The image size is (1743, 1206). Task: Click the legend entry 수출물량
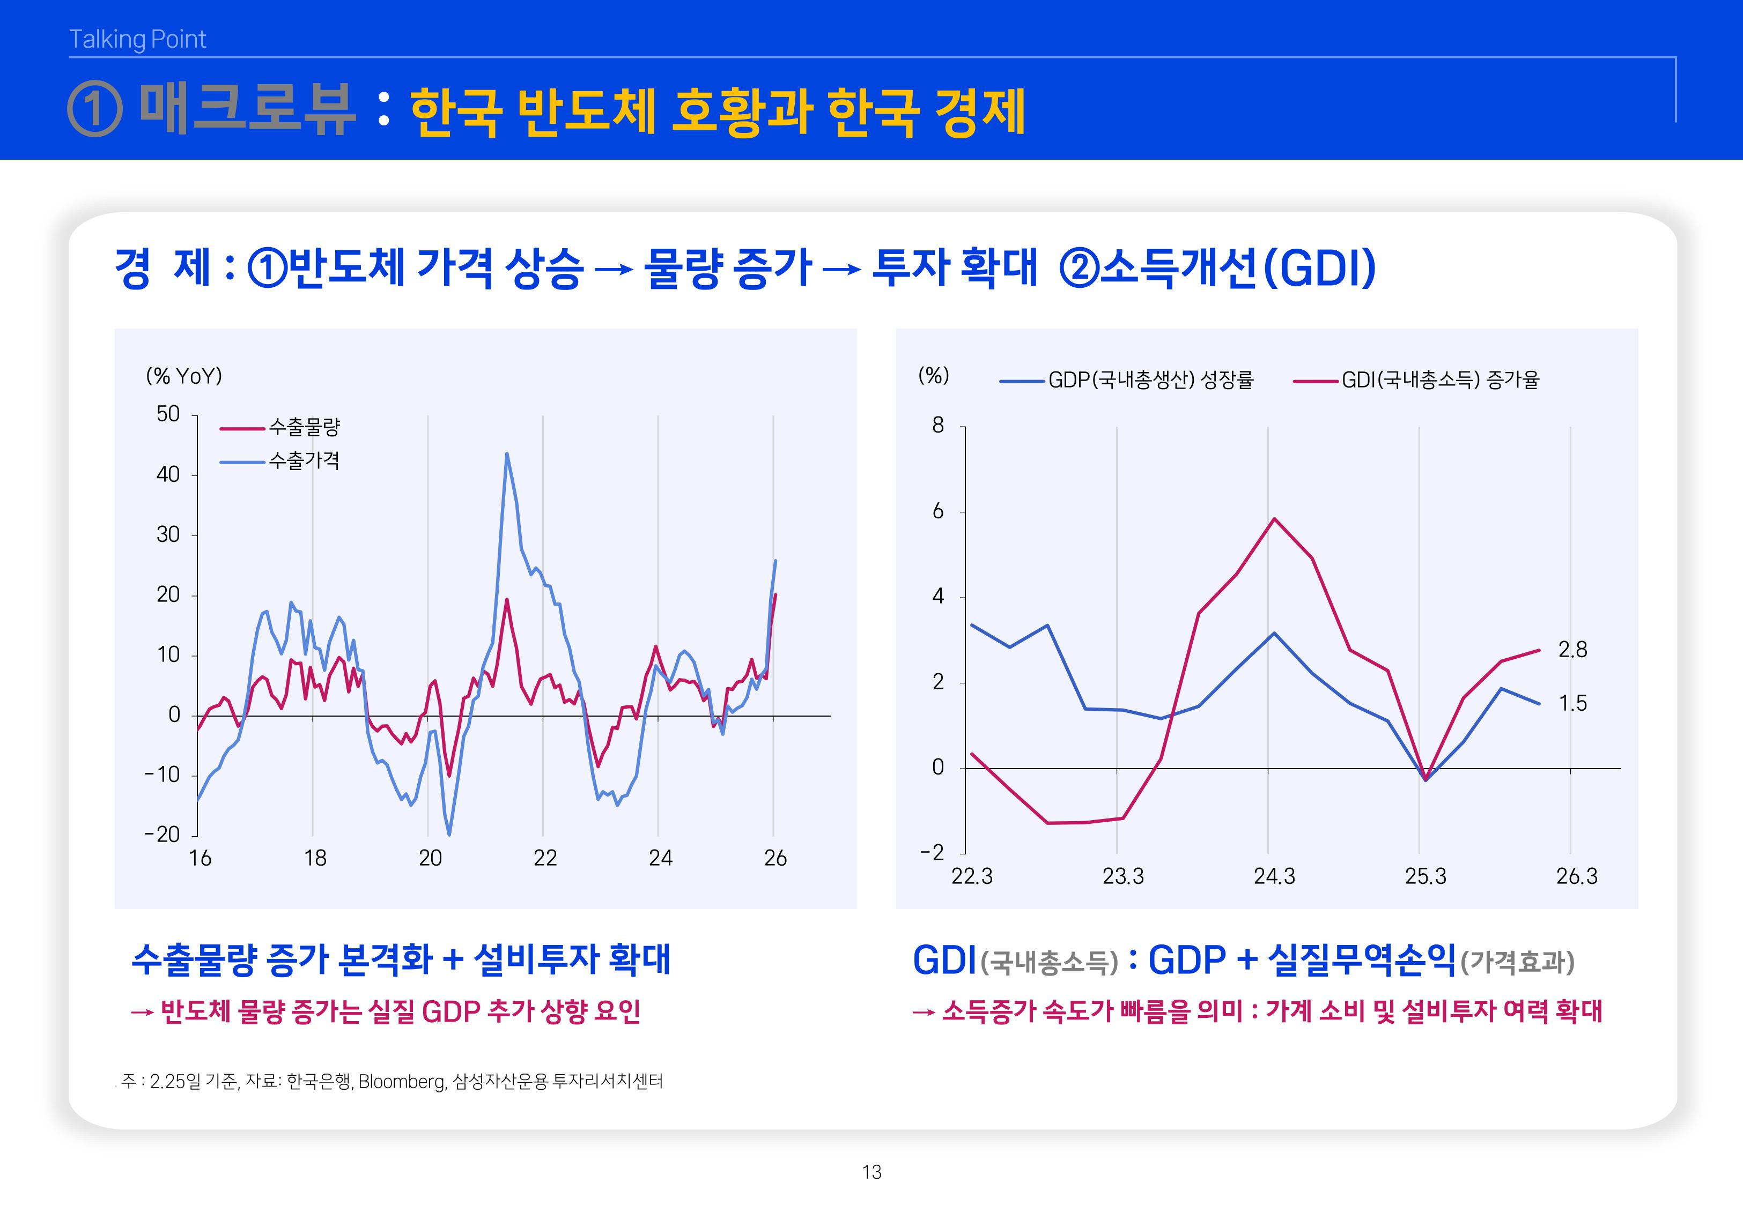[304, 428]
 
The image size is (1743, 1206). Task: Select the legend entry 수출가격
[304, 461]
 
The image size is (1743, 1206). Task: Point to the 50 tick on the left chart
[168, 414]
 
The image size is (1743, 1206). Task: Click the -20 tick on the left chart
[163, 834]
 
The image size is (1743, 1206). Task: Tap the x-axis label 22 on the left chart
[545, 859]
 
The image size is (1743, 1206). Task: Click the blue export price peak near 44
[506, 454]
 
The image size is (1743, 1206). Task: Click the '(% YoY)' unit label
[183, 376]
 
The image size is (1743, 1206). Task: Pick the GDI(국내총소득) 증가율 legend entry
[1440, 380]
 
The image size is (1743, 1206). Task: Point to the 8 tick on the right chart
[938, 426]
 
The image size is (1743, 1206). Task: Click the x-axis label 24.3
[1274, 876]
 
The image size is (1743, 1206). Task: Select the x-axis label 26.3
[1577, 876]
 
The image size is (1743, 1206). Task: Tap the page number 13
[871, 1172]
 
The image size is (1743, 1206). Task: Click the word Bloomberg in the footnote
[401, 1081]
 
